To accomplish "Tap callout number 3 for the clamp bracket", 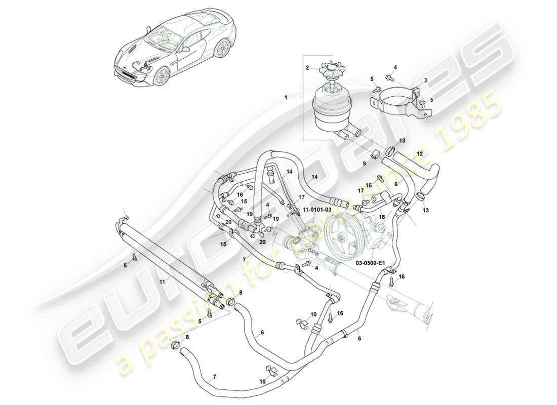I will tap(425, 80).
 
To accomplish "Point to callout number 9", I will tap(364, 163).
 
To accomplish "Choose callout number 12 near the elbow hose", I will tap(419, 153).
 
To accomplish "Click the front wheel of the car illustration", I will tap(162, 76).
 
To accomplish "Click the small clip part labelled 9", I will tap(376, 153).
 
